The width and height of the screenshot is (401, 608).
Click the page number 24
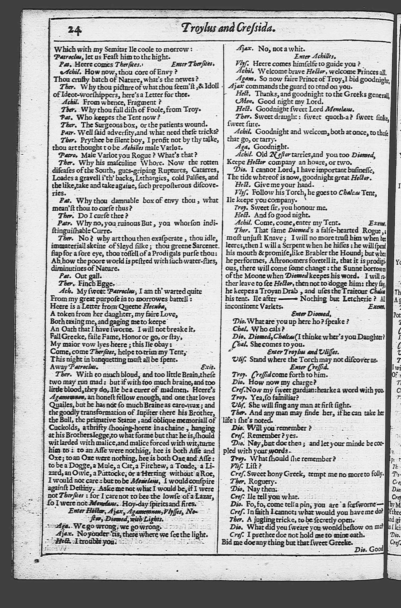click(75, 30)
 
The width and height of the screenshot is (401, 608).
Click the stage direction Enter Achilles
click(315, 56)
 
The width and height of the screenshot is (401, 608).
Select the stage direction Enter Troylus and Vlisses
click(303, 352)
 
